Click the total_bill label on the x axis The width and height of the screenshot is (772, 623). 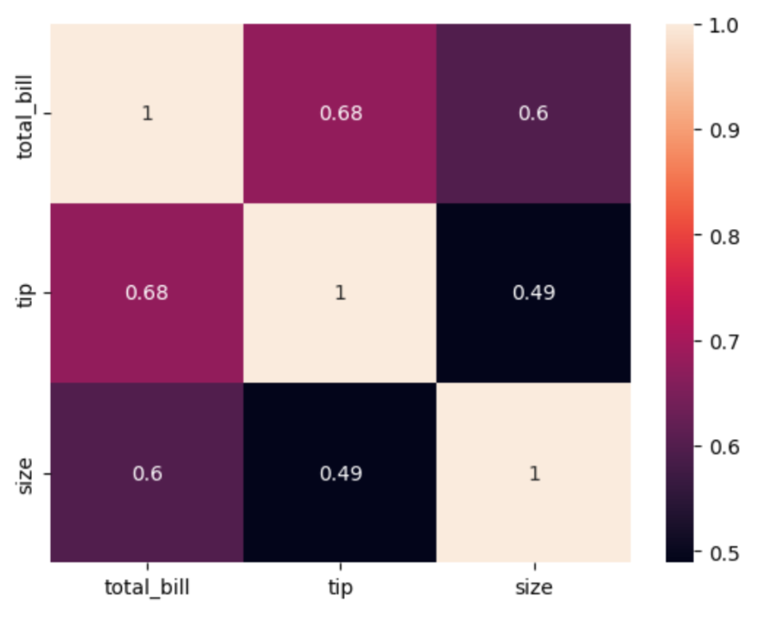coord(147,588)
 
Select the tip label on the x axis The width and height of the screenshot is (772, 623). coord(340,588)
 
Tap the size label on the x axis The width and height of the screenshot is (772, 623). coord(533,588)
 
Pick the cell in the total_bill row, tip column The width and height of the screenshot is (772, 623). coord(340,114)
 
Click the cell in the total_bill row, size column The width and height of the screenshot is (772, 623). coord(533,114)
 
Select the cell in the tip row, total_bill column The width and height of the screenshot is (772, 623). coord(147,293)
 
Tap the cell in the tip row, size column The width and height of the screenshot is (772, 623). coord(533,293)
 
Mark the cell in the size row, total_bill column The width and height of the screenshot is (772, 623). coord(147,473)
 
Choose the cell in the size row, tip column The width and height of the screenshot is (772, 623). coord(340,473)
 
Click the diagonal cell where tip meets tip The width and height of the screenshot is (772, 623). coord(340,293)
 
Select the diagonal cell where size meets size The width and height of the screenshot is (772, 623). coord(533,473)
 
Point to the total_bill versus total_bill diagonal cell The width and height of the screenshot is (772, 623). coord(147,114)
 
